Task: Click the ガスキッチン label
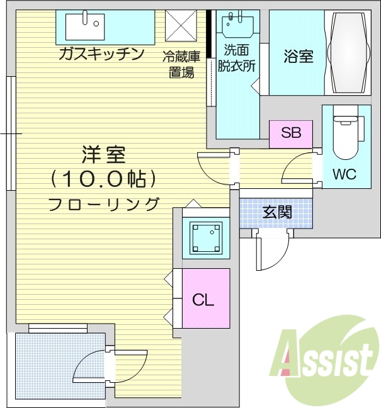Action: click(x=100, y=54)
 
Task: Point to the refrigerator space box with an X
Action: click(x=181, y=27)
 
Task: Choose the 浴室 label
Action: click(x=298, y=56)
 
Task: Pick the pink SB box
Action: click(x=291, y=133)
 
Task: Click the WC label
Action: click(x=344, y=174)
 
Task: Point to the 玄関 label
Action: click(x=277, y=212)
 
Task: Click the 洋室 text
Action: click(x=103, y=155)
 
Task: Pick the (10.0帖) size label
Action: click(x=104, y=180)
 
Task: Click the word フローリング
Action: click(x=104, y=204)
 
